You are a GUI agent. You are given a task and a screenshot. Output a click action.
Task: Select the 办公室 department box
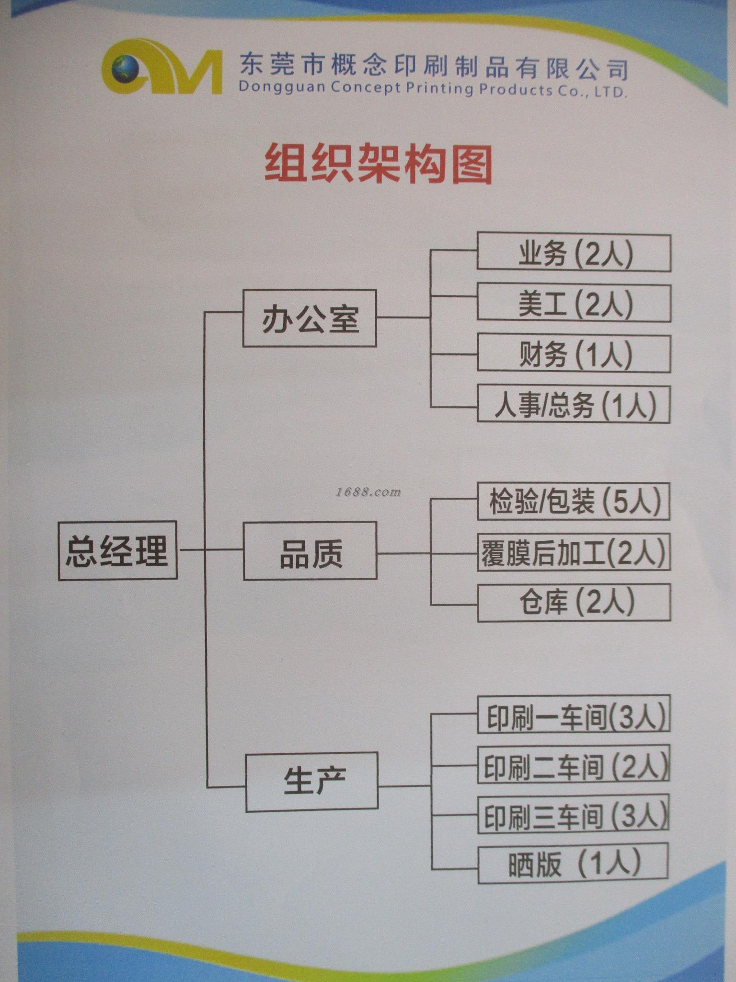pyautogui.click(x=310, y=318)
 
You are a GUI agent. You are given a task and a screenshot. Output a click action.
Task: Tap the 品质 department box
pyautogui.click(x=310, y=551)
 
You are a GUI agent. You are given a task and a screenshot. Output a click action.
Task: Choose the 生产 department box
pyautogui.click(x=312, y=782)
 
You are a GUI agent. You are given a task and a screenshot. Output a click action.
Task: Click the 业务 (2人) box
pyautogui.click(x=574, y=253)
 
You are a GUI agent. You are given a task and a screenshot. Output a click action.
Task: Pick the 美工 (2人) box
pyautogui.click(x=574, y=304)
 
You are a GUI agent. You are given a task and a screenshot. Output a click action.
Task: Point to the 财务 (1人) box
pyautogui.click(x=574, y=354)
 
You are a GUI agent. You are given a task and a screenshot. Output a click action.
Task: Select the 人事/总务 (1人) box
pyautogui.click(x=574, y=404)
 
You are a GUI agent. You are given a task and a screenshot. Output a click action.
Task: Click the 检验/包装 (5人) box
pyautogui.click(x=574, y=502)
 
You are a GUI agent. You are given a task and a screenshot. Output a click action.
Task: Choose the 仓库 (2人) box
pyautogui.click(x=574, y=602)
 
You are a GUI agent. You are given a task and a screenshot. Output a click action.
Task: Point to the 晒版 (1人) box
pyautogui.click(x=573, y=865)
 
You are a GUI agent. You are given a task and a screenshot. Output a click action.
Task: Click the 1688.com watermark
pyautogui.click(x=368, y=492)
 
